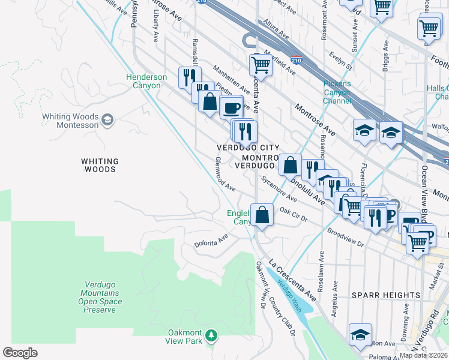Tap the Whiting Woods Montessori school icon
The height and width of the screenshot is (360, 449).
click(108, 119)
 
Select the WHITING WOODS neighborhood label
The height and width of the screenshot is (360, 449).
click(100, 165)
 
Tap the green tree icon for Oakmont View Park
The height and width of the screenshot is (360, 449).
click(211, 334)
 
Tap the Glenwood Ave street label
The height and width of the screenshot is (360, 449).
click(225, 175)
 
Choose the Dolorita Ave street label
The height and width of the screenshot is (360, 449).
click(211, 241)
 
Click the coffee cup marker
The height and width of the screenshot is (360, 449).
click(231, 108)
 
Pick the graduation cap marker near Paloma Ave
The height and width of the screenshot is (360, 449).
click(360, 335)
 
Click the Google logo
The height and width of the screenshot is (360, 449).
click(20, 353)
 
